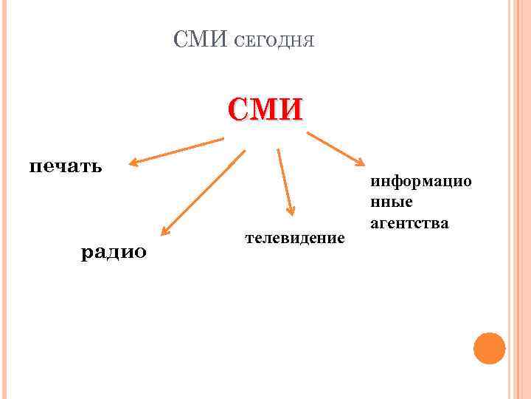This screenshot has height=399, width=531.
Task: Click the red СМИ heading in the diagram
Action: [x=265, y=109]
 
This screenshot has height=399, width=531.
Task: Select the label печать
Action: [x=65, y=164]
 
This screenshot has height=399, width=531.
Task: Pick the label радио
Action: [x=114, y=252]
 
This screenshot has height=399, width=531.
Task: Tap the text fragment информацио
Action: [x=421, y=181]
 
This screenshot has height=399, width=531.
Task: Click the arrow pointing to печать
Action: [x=177, y=150]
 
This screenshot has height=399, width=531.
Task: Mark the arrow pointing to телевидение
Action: [x=285, y=183]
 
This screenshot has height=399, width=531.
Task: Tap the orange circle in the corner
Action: [x=489, y=348]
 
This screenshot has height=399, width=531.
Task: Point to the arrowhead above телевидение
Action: [x=291, y=211]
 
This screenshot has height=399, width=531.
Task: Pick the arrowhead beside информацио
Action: [x=359, y=161]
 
